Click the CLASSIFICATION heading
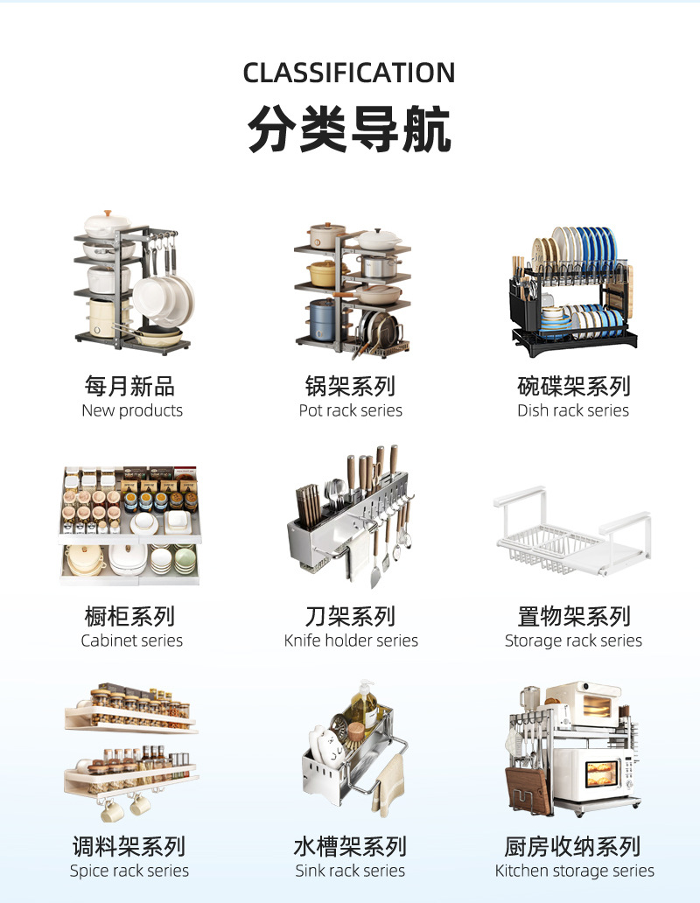349,73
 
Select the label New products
132,411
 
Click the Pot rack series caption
350,411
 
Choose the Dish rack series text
573,411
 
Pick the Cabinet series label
132,641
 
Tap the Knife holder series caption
351,641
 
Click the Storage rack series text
573,641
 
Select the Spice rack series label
129,871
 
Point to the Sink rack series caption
350,871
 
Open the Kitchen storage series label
574,871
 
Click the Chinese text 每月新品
130,386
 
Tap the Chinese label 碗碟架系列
573,386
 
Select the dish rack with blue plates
573,289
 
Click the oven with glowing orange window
600,773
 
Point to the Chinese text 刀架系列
350,616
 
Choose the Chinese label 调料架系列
129,846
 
